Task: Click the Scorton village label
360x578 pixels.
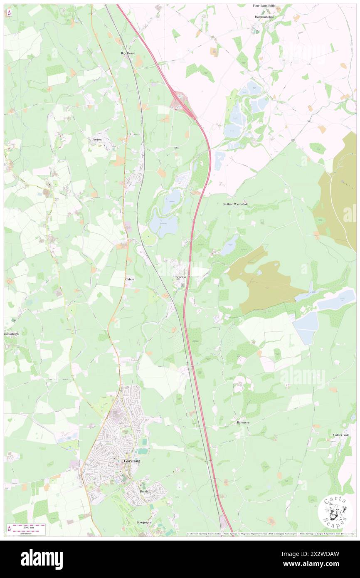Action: pyautogui.click(x=181, y=277)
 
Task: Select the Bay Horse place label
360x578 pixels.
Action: pyautogui.click(x=128, y=53)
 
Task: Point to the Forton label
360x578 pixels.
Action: pyautogui.click(x=97, y=140)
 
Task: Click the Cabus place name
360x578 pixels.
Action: pyautogui.click(x=129, y=280)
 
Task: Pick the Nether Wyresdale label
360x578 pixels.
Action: pyautogui.click(x=235, y=205)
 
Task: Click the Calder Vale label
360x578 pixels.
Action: pyautogui.click(x=341, y=435)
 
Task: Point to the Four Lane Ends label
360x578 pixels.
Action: pyautogui.click(x=264, y=6)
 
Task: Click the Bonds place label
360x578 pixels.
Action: pyautogui.click(x=144, y=491)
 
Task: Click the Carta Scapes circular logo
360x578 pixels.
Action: pyautogui.click(x=335, y=512)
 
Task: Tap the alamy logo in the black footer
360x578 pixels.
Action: pyautogui.click(x=42, y=559)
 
